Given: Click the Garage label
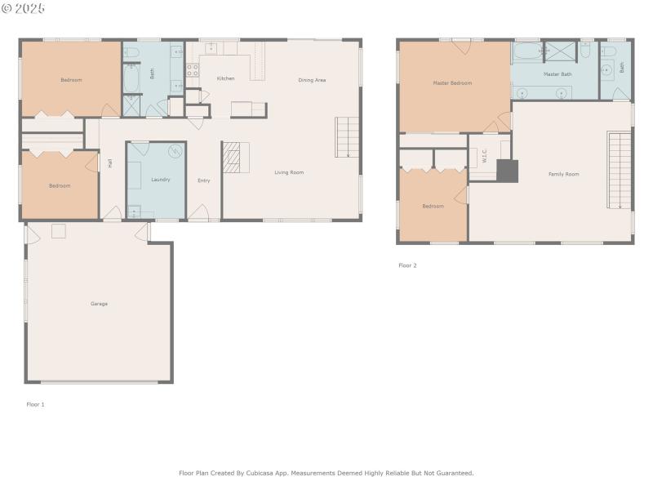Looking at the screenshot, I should pos(99,304).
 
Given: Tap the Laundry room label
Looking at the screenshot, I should pos(160,179).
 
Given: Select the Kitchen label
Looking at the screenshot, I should pos(225,78).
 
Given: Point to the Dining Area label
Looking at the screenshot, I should pos(312,80).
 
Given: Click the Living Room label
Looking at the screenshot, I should pos(289,172).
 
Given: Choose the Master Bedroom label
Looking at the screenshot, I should pos(452,83).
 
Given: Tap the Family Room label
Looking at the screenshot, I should pos(563,174).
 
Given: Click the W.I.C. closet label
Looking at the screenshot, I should pos(484,156).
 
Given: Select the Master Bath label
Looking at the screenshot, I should pos(557,74).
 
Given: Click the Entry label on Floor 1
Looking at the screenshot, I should pos(204,180).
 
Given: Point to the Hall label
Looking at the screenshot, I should pos(109,163).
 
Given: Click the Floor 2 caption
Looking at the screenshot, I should pos(407,265).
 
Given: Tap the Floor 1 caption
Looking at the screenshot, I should pos(35,404).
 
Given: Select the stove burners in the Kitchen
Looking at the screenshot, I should pos(193,70).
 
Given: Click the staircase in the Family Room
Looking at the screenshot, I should pos(620,171).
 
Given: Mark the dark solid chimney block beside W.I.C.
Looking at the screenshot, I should pos(507,170).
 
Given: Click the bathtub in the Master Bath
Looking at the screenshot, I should pos(527,51).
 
